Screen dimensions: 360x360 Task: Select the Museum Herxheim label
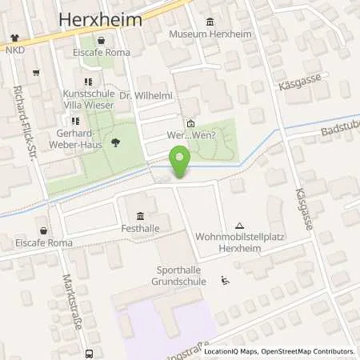(x=211, y=35)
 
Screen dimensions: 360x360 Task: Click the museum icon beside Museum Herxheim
(x=210, y=22)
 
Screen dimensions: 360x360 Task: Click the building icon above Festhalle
(x=141, y=214)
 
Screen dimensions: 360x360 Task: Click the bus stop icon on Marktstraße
(x=90, y=352)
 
